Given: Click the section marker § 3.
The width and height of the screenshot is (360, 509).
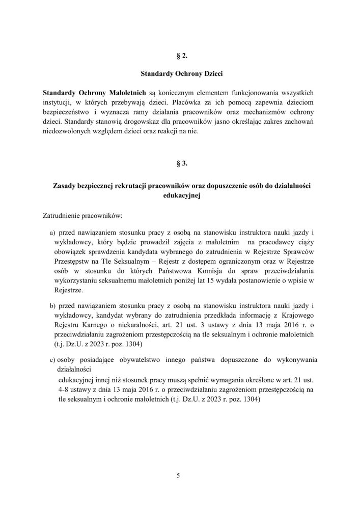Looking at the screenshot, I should [x=180, y=164].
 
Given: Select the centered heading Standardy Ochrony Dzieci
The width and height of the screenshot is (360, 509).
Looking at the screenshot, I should [x=180, y=73].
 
